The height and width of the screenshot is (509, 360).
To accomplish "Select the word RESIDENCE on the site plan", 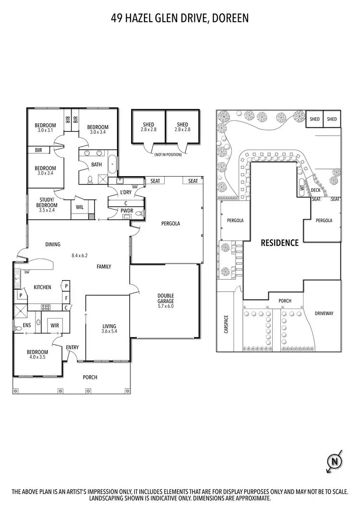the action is coord(279,243).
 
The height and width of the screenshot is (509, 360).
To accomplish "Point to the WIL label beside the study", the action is coord(79,208).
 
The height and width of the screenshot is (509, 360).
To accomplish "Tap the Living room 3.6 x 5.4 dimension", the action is coord(109,331).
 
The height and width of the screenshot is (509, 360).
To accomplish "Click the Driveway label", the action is coord(324,313).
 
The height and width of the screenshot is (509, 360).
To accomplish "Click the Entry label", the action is coord(72,347).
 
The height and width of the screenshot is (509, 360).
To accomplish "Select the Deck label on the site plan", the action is coord(315,190).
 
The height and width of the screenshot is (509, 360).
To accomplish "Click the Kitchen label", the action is coord(42,287).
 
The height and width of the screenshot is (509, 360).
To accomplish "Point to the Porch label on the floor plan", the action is coord(90,377).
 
